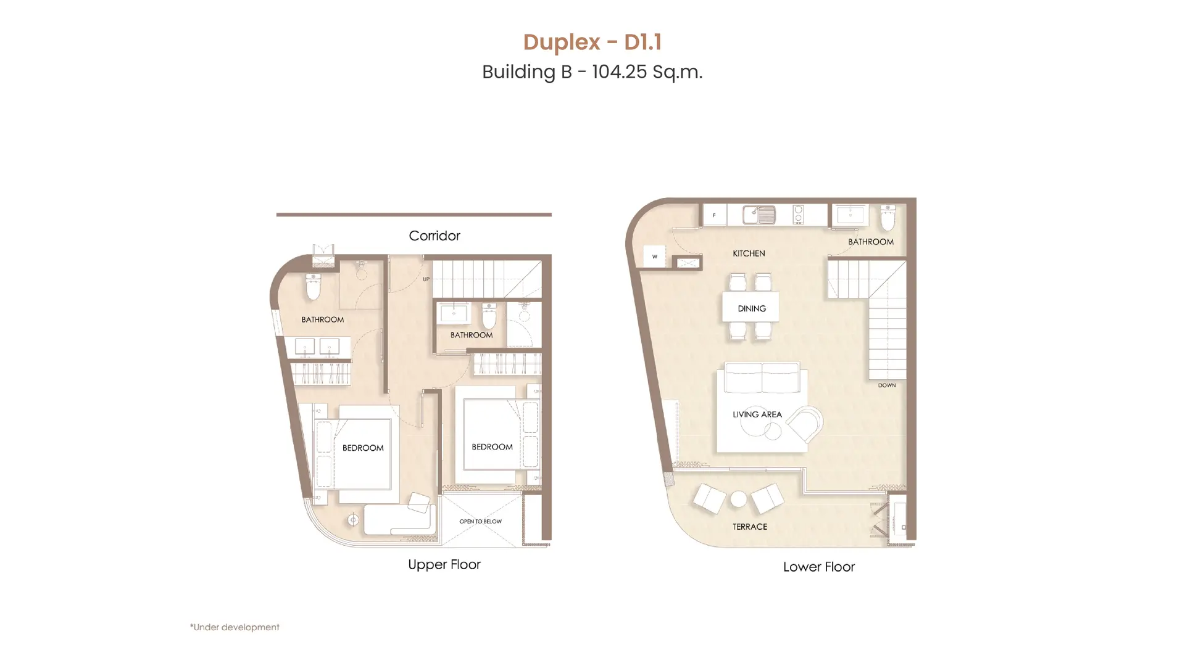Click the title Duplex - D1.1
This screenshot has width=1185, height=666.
(592, 42)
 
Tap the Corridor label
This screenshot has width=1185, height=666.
(434, 236)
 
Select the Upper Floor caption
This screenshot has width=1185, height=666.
(444, 565)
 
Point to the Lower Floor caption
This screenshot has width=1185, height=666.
(819, 567)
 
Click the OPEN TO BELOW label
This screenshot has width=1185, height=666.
(481, 522)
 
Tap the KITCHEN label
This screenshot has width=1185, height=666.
(749, 253)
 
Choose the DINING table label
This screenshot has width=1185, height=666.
(752, 308)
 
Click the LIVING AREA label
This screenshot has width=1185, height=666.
(757, 414)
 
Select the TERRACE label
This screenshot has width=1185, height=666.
(750, 527)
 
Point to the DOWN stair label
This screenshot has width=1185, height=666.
(887, 385)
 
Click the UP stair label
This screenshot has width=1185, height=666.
(426, 279)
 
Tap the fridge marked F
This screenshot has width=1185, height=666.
(715, 215)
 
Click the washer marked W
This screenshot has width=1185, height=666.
(655, 257)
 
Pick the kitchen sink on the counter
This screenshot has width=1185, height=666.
(759, 215)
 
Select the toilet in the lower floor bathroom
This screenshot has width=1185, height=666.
(888, 217)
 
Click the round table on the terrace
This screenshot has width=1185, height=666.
(738, 499)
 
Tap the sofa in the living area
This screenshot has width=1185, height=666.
(762, 377)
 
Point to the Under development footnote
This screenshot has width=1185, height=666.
(235, 627)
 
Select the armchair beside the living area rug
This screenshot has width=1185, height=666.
(805, 424)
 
